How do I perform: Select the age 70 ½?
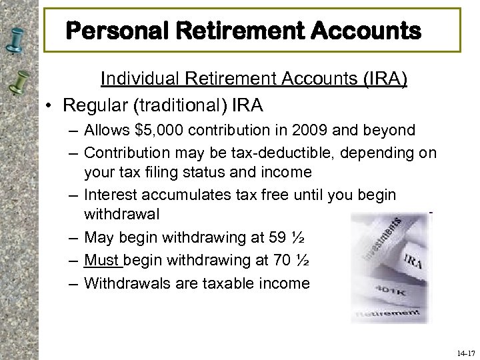point(293,260)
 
